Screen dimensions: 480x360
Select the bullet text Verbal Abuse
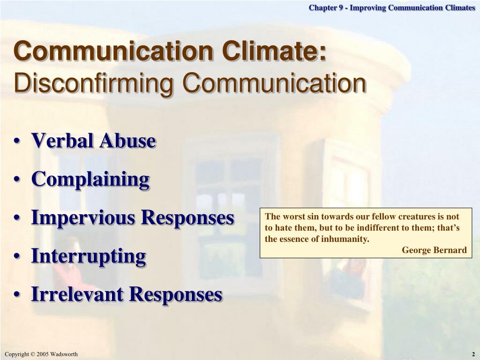(x=94, y=140)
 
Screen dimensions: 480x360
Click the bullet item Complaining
(x=90, y=180)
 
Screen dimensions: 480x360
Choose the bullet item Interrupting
(x=89, y=256)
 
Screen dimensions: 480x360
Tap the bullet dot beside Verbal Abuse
(x=17, y=142)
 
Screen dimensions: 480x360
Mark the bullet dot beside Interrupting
(x=17, y=257)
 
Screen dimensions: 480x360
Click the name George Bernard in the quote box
(x=434, y=250)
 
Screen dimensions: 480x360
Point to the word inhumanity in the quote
(x=345, y=239)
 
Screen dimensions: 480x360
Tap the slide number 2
(x=473, y=354)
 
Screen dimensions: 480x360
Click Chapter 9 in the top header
(x=326, y=7)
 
